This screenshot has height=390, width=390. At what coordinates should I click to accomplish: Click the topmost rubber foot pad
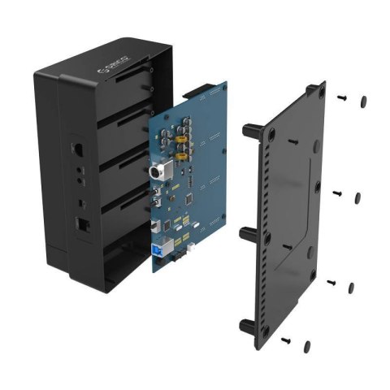click(362, 101)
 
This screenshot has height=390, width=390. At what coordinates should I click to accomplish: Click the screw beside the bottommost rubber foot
click(286, 340)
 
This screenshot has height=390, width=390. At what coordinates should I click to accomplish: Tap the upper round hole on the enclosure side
click(78, 172)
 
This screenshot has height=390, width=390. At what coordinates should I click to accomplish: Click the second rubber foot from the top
click(357, 197)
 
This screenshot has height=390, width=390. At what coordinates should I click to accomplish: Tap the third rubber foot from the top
click(350, 287)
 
